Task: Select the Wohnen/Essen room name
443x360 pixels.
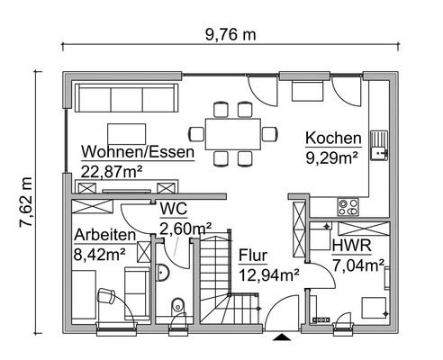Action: [137, 152]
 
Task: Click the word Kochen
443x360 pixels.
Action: [333, 139]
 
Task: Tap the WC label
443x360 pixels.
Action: [173, 209]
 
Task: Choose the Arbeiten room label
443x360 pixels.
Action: [105, 236]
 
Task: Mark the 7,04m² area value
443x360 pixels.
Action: [358, 265]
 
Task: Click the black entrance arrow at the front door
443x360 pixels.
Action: [282, 337]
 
